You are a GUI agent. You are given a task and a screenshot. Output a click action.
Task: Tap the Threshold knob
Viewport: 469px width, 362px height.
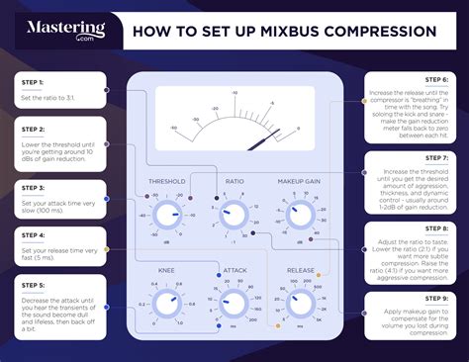[x=166, y=213]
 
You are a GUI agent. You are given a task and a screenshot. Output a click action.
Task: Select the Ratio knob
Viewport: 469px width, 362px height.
[x=234, y=213]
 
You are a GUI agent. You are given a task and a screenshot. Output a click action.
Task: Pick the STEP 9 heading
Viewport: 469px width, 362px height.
[x=437, y=298]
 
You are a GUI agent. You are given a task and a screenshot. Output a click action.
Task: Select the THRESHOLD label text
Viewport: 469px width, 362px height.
[x=166, y=182]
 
